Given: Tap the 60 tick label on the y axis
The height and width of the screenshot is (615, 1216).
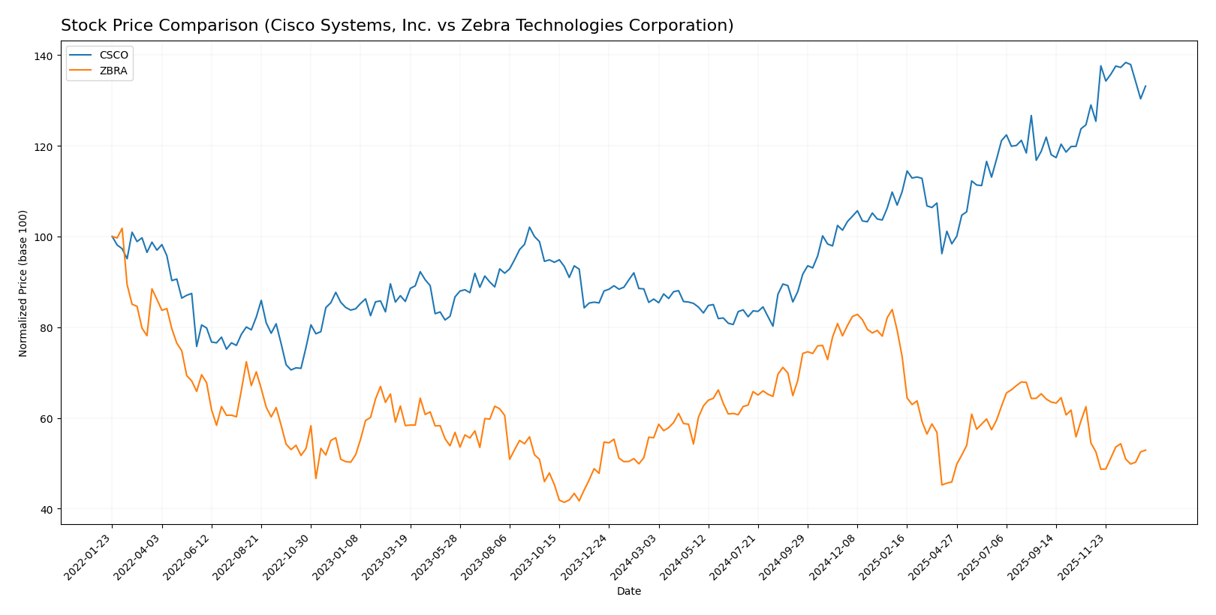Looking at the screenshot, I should coord(47,418).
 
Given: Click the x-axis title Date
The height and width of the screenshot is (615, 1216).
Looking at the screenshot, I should coord(628,592).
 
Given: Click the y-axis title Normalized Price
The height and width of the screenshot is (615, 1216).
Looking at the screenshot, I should coord(23,283).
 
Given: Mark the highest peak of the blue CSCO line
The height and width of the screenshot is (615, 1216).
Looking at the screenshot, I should coord(1125,62).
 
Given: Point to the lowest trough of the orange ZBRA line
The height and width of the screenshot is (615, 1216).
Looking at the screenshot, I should coord(564,502).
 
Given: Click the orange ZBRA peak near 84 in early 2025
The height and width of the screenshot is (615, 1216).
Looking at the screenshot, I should coord(892,309).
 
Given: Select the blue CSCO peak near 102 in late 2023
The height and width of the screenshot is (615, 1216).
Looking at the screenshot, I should coord(529,227).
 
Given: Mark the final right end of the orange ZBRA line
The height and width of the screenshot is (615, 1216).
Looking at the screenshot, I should coord(1145,450).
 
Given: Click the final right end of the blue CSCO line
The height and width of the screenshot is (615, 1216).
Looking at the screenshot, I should coord(1145,86).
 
